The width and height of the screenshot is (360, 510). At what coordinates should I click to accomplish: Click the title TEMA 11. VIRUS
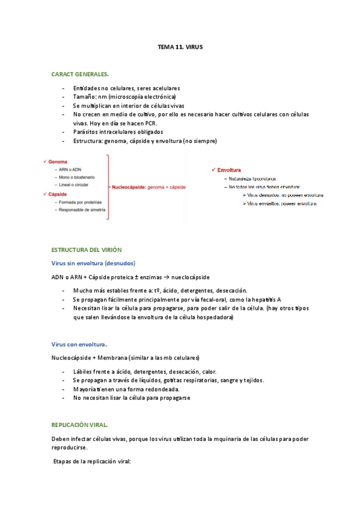tap(180, 46)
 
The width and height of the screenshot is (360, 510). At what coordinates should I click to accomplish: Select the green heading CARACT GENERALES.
tap(80, 74)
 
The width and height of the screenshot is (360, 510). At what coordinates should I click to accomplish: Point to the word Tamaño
tap(87, 96)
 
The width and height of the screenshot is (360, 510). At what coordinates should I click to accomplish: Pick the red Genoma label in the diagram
tap(59, 162)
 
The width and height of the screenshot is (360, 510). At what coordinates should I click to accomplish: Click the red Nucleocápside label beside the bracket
tap(128, 188)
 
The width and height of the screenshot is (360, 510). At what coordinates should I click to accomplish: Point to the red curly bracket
tap(106, 188)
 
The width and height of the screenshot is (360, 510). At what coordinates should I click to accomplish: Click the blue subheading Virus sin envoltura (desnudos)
tap(93, 263)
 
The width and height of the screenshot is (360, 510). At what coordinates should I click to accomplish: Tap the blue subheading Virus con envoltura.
tap(79, 345)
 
